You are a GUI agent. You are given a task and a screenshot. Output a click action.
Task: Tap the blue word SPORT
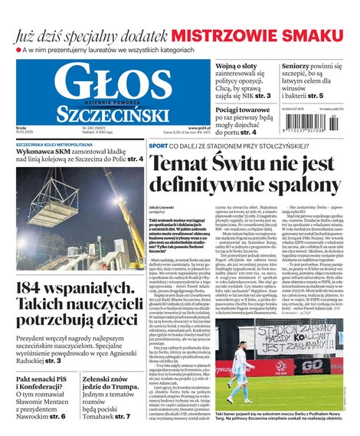pyautogui.click(x=159, y=146)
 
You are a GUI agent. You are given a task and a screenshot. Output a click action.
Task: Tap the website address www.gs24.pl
pyautogui.click(x=195, y=127)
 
